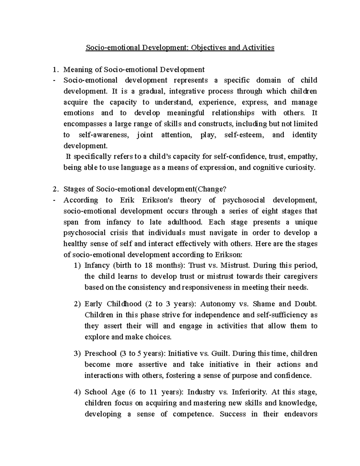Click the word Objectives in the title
[x=208, y=47]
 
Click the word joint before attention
[x=145, y=135]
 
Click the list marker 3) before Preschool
[x=77, y=353]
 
